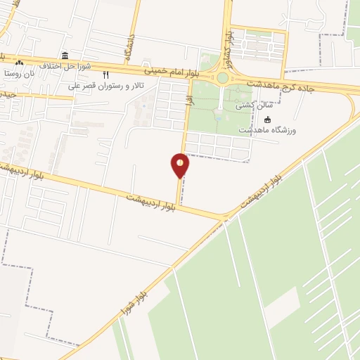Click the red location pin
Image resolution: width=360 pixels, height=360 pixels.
[180, 165]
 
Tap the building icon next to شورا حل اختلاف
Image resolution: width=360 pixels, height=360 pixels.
[65, 56]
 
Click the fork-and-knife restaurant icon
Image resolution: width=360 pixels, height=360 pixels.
[106, 75]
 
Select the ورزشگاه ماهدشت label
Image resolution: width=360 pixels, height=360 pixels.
[266, 131]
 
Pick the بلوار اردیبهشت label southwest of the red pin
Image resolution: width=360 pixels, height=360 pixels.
[150, 201]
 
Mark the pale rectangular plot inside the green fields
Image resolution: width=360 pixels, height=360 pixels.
[281, 305]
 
